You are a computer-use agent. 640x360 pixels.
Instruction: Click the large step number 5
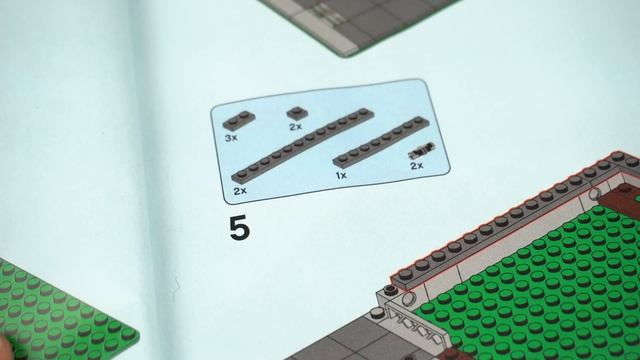tap(239, 228)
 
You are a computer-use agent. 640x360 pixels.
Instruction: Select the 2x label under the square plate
tap(295, 128)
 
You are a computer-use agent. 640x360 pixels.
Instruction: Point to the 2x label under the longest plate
tap(239, 189)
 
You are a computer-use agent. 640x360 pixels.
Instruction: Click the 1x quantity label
tap(341, 175)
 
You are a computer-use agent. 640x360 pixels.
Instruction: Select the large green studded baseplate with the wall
tap(540, 280)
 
